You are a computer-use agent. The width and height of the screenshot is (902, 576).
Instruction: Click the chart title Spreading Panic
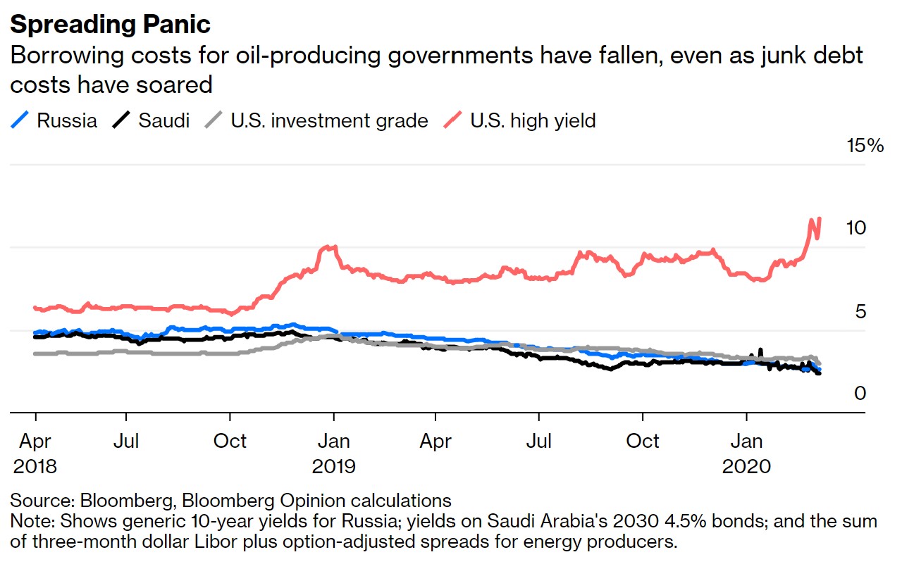[110, 24]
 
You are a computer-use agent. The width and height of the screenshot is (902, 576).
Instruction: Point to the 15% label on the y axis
[865, 146]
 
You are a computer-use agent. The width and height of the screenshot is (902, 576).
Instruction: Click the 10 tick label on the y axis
[855, 228]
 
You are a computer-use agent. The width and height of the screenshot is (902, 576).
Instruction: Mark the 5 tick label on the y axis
[860, 311]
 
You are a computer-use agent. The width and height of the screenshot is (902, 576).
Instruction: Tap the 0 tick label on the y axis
[860, 394]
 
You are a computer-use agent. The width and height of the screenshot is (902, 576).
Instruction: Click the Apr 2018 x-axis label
[35, 453]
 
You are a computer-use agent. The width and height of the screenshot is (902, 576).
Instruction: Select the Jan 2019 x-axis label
[333, 453]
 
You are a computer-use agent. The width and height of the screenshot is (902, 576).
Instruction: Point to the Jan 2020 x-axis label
[746, 453]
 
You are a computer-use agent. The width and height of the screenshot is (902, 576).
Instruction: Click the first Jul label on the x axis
[126, 442]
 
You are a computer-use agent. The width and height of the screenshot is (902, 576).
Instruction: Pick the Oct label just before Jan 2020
[643, 442]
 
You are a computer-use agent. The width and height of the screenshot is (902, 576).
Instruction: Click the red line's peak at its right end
[819, 219]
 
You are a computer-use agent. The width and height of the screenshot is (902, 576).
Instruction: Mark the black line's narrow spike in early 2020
[760, 349]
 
